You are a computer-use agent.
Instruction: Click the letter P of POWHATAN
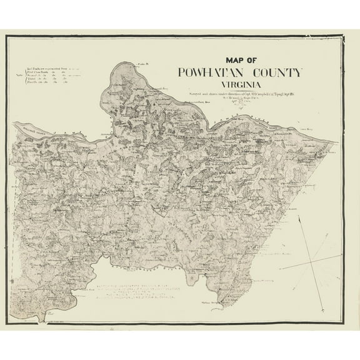click(181, 72)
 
